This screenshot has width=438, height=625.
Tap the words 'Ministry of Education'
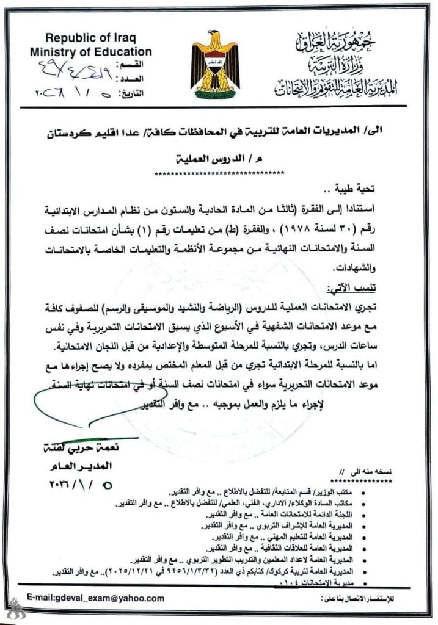pos(90,52)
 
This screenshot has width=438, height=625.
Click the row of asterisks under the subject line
pos(217,173)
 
